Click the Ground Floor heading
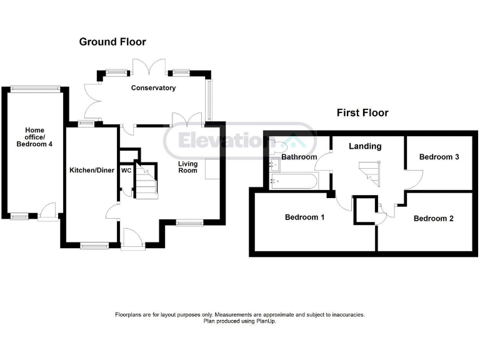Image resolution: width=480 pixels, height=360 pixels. click(x=112, y=42)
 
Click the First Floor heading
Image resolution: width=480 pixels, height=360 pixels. click(x=362, y=113)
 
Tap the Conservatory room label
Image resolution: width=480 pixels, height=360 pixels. click(x=153, y=88)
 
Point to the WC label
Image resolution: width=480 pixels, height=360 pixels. click(x=126, y=170)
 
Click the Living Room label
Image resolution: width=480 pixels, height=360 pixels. click(x=187, y=167)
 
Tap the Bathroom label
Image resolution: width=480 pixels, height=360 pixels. click(x=299, y=157)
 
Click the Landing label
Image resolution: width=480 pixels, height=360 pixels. click(x=365, y=146)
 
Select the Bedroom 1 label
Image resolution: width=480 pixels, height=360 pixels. click(x=304, y=217)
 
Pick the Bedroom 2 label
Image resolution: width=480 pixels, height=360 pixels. click(x=434, y=218)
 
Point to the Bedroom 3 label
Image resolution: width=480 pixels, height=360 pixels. click(x=439, y=157)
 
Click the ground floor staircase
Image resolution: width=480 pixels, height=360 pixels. click(x=147, y=181)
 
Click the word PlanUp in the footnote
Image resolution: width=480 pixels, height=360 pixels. click(x=265, y=321)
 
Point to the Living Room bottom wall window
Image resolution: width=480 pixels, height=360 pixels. click(x=189, y=221)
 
